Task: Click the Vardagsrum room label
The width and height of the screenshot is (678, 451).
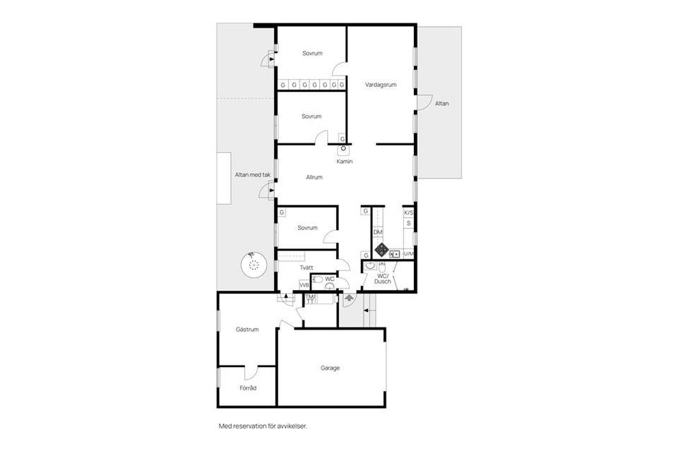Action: pos(381,85)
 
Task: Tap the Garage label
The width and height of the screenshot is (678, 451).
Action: pos(330,368)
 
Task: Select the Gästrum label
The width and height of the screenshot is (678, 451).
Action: pos(247,329)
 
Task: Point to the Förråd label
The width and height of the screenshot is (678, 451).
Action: pos(248,388)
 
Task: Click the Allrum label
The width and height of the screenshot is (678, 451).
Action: pos(314,177)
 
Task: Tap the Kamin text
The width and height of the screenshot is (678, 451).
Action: pos(345,162)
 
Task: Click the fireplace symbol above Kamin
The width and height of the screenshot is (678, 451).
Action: pos(343,150)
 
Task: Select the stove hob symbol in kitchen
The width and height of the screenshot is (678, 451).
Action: pos(382,249)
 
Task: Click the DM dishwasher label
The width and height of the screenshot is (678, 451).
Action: pos(378,232)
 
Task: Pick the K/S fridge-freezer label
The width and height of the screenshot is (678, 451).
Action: pos(408,213)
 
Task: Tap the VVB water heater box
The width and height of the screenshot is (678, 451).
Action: pos(304,285)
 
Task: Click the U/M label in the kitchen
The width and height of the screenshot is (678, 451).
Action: pos(408,253)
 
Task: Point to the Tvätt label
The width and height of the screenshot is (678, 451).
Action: pos(306,267)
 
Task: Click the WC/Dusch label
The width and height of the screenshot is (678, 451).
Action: pos(383,279)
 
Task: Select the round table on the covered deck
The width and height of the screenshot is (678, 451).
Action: pos(254,265)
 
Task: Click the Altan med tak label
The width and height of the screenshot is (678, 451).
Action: pos(253,175)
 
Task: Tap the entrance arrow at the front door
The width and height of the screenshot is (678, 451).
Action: pos(350,298)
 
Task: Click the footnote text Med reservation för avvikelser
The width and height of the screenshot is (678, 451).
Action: pos(263,426)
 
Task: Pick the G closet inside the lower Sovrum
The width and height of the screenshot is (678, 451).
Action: pos(282,212)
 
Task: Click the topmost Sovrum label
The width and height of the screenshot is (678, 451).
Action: pos(312,54)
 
